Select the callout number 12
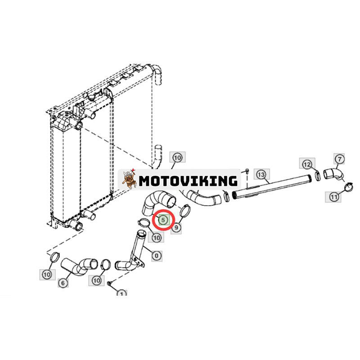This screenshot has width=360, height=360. point(307,164)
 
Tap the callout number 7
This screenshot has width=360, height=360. point(340,159)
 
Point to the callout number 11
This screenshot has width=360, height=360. point(333,197)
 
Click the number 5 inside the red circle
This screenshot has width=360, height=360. point(163,220)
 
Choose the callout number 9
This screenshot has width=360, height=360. point(176,228)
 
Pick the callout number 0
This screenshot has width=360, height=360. point(157,256)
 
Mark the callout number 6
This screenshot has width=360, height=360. point(63,283)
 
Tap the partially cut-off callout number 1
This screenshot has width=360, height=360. point(121,293)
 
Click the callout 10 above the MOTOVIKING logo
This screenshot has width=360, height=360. point(177,158)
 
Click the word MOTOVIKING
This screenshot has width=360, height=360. point(188,181)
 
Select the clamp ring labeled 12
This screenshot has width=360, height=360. point(318,175)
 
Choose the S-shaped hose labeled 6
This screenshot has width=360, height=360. point(79,266)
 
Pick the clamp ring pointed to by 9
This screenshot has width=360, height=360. point(185,211)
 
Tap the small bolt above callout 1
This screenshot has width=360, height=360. point(109,283)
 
